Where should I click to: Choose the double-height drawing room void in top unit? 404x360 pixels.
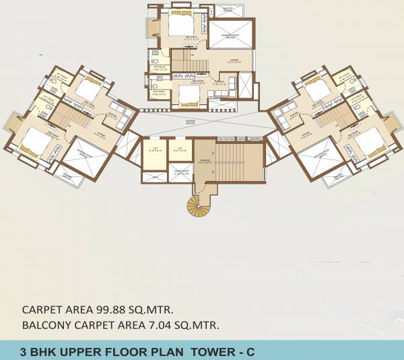(231, 35)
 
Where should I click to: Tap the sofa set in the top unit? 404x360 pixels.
(228, 85)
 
